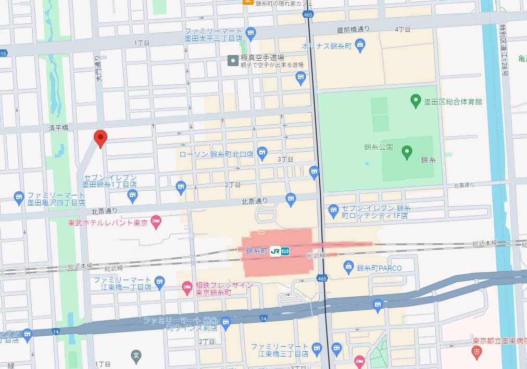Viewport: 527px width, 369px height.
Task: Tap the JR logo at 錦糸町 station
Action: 274,251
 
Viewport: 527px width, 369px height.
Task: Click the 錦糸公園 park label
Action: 379,147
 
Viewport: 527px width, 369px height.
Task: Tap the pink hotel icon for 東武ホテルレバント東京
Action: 155,222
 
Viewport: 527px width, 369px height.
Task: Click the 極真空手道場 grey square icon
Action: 233,61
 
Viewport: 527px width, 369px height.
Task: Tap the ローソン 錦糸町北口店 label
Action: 216,154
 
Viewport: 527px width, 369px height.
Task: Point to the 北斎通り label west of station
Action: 104,211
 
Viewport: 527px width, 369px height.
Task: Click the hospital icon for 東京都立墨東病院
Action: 475,352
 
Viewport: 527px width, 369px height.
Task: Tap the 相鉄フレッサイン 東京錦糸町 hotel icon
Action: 187,287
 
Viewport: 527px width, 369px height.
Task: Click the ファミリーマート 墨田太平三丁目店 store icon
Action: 251,33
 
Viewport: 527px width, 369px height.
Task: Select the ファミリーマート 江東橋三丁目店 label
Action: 279,351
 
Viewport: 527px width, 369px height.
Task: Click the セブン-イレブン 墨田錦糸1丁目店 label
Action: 109,180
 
